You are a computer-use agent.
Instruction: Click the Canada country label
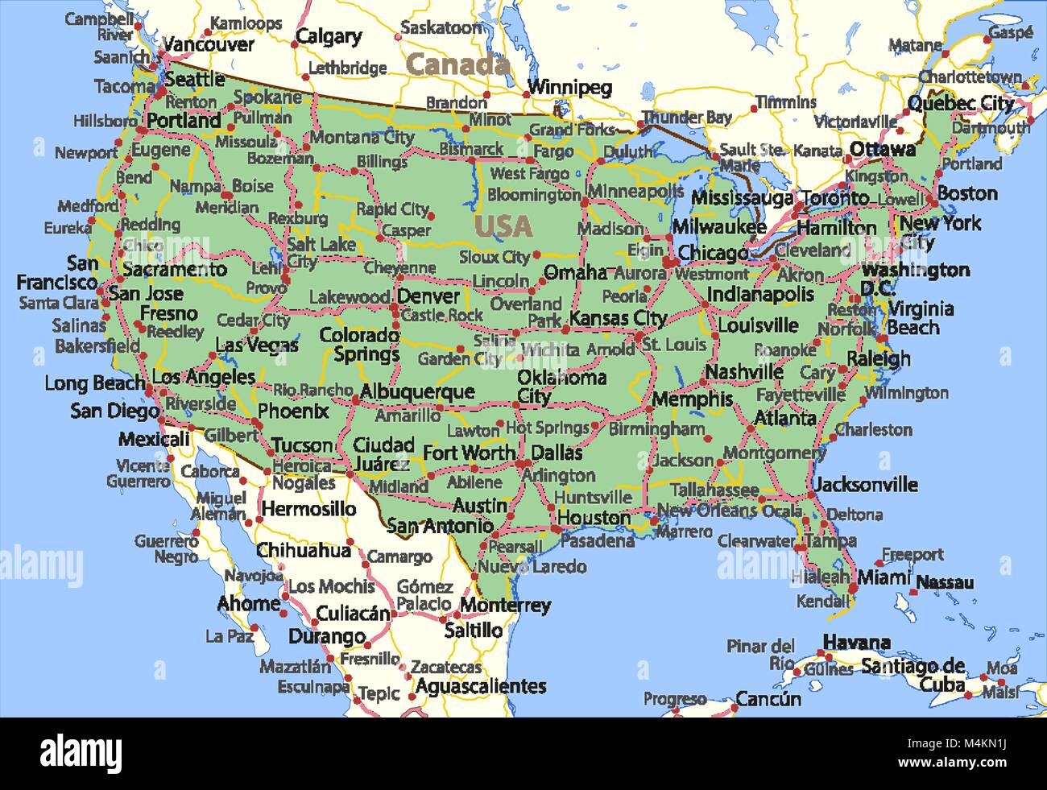[x=457, y=64]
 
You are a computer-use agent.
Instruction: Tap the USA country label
[x=503, y=226]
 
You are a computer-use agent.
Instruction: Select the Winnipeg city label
[x=569, y=87]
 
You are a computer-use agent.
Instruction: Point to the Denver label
[x=428, y=296]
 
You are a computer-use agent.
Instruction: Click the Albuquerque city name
[x=417, y=392]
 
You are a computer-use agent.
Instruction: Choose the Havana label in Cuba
[x=856, y=643]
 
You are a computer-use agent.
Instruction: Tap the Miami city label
[x=884, y=577]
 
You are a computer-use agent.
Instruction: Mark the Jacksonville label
[x=866, y=484]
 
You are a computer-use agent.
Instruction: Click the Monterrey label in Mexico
[x=505, y=605]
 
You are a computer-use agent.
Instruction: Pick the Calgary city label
[x=329, y=36]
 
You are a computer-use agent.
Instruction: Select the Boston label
[x=967, y=193]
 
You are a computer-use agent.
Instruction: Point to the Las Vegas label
[x=257, y=345]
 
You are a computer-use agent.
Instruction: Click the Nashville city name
[x=744, y=372]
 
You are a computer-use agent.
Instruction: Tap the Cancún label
[x=768, y=698]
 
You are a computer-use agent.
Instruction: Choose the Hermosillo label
[x=308, y=509]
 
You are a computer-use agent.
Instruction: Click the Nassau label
[x=945, y=582]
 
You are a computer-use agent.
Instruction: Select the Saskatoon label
[x=441, y=27]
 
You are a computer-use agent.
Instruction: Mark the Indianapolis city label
[x=760, y=295]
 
